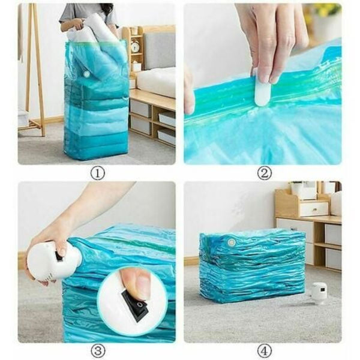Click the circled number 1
tap(98, 173)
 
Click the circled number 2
tap(264, 173)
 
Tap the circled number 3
tap(98, 351)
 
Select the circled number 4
tap(264, 351)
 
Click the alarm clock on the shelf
tap(135, 46)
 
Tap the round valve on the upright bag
tap(87, 74)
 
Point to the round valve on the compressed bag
tap(231, 242)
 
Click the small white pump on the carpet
tap(319, 293)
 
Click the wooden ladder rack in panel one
tap(34, 69)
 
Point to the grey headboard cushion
tap(159, 50)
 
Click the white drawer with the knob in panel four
tap(314, 209)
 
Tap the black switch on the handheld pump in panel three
tap(59, 256)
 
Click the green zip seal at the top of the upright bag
tap(96, 42)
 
